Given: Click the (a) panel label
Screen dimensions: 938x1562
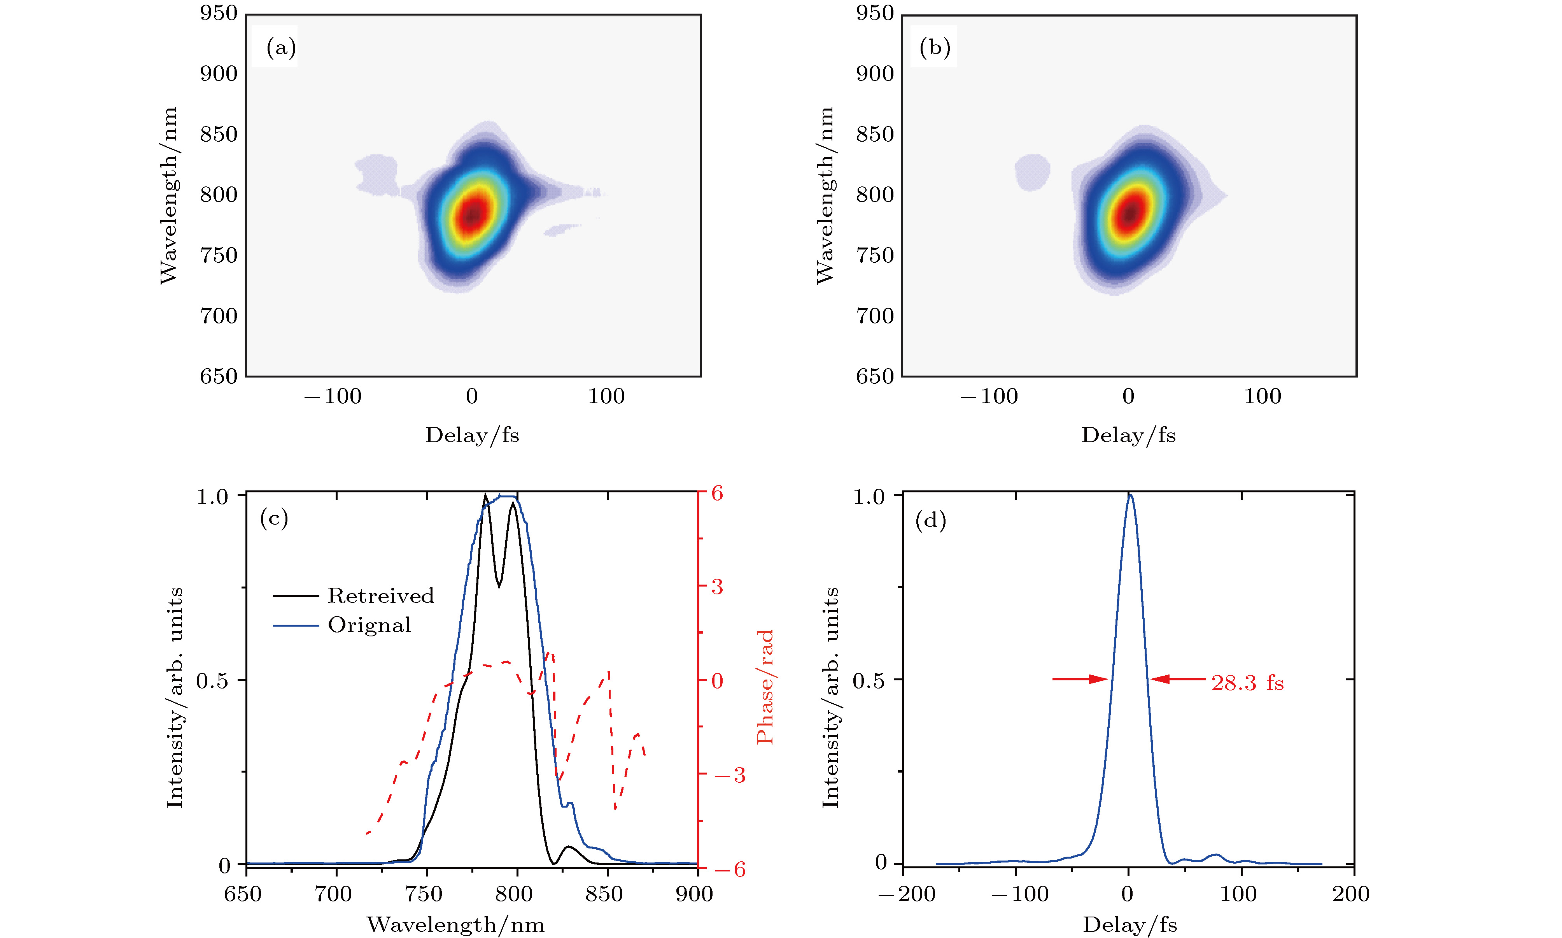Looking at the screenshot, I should click(x=281, y=48).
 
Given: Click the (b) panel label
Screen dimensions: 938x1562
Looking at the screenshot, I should click(x=935, y=48).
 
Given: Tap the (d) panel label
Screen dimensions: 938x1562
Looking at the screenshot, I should click(x=930, y=521).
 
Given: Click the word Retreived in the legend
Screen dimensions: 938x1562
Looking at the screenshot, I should click(x=381, y=595).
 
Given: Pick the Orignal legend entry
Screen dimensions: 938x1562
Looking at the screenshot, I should click(x=369, y=625).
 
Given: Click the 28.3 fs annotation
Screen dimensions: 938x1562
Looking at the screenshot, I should click(x=1247, y=683).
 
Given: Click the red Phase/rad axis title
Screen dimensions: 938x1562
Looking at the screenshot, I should click(x=765, y=687).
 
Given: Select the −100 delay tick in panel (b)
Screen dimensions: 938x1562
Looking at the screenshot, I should click(x=989, y=396).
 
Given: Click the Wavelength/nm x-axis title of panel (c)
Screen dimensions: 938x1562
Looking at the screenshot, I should click(x=455, y=925).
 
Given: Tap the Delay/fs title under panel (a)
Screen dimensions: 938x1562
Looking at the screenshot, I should click(x=472, y=435).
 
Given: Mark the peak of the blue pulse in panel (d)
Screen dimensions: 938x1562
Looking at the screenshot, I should click(x=1130, y=496).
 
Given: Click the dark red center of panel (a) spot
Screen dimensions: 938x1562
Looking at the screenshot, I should click(x=473, y=215).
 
